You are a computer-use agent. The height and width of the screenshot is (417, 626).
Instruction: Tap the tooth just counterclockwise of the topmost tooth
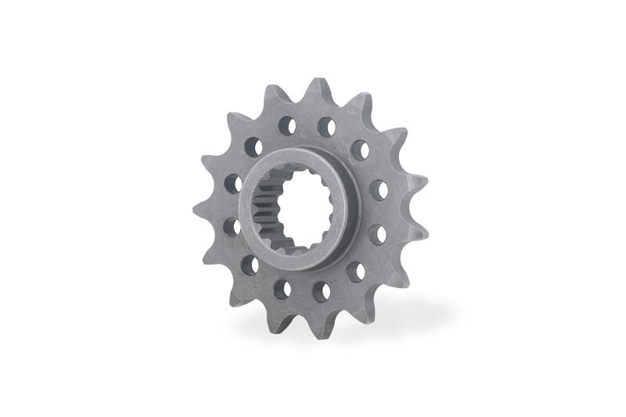270,96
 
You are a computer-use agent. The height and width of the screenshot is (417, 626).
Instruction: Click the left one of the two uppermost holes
286,124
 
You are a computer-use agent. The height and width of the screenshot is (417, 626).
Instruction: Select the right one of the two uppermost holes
326,123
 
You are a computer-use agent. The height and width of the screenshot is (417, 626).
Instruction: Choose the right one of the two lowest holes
321,290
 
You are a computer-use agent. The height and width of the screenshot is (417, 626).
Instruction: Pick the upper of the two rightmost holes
378,189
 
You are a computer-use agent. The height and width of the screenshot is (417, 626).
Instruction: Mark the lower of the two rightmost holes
376,233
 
